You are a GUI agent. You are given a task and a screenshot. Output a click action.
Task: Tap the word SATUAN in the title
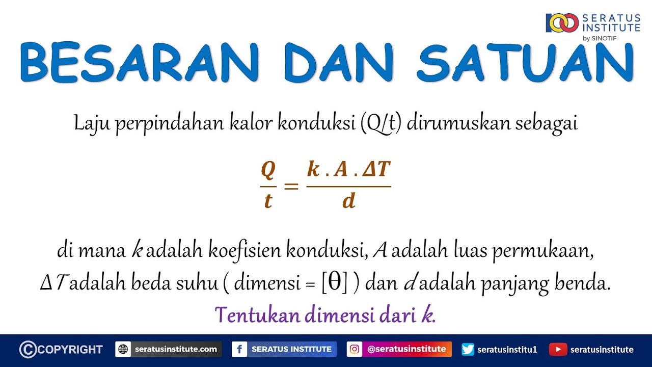(x=525, y=63)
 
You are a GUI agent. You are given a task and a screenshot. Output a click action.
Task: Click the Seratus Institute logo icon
(x=562, y=23)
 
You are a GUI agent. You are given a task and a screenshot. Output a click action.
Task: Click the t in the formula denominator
(x=268, y=201)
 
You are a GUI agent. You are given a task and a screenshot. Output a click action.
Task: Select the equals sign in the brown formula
(x=291, y=186)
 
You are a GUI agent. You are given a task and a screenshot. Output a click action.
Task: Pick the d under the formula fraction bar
(x=348, y=201)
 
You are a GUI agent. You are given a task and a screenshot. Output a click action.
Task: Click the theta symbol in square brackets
(x=335, y=283)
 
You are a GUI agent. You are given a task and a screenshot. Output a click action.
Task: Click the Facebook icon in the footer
(x=239, y=349)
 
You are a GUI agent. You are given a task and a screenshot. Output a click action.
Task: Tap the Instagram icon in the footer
(x=355, y=349)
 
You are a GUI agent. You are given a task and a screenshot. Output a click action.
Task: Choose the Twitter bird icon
(x=468, y=349)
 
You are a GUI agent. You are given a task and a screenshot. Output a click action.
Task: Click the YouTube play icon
(x=558, y=349)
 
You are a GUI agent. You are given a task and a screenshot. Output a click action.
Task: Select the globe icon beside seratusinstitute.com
(x=123, y=349)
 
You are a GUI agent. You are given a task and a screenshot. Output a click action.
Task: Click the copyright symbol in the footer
(x=28, y=349)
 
